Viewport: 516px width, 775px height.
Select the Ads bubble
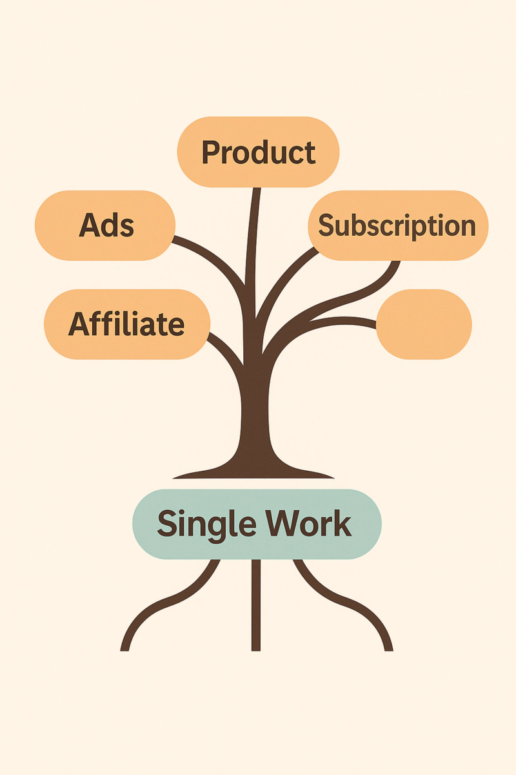click(105, 225)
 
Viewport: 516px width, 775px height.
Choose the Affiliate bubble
click(127, 324)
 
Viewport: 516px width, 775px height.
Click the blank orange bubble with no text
click(424, 324)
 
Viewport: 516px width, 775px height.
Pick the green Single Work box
click(257, 523)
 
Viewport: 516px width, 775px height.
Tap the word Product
click(258, 152)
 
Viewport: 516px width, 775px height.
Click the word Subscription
click(397, 226)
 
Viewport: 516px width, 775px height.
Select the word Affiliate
click(127, 324)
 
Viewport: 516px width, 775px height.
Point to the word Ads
click(106, 226)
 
